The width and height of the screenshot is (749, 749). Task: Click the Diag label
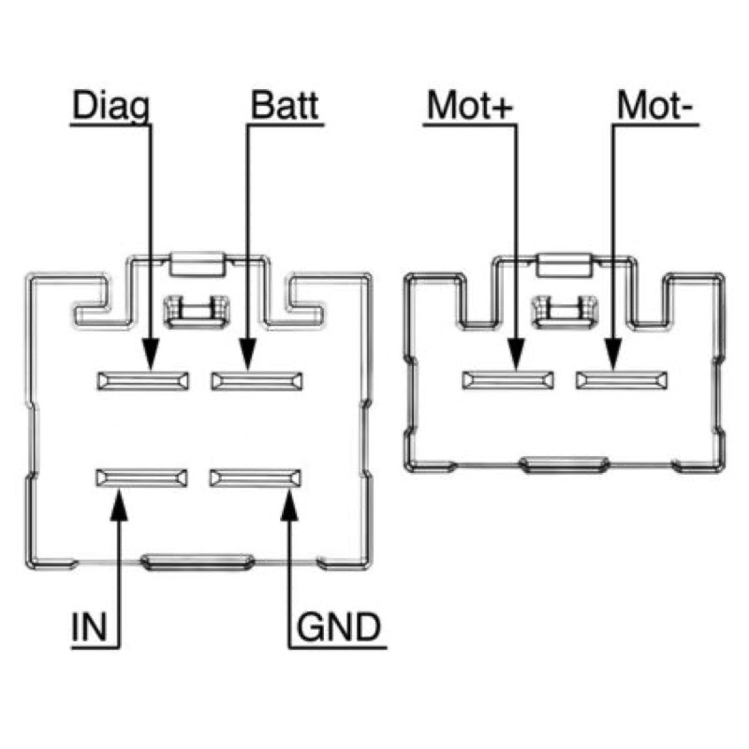pos(110,107)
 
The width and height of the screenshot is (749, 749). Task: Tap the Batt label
pos(285,105)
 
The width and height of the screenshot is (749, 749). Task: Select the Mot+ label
pos(470,105)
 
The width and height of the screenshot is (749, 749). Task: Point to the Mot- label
pos(654,105)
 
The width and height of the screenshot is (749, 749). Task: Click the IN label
pos(89,626)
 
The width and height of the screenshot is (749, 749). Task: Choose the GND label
pos(339,626)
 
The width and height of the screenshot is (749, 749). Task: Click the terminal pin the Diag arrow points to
pos(143,381)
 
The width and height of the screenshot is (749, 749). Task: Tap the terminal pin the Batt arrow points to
pos(257,381)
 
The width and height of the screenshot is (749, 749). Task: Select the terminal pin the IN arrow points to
pos(142,477)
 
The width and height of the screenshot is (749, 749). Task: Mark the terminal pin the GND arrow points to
pos(256,477)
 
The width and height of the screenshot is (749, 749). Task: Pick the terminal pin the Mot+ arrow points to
pos(508,380)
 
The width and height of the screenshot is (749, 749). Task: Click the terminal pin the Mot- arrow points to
pos(622,380)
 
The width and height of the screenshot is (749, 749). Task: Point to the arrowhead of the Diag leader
pos(151,354)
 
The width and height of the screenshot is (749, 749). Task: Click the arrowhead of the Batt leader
pos(248,354)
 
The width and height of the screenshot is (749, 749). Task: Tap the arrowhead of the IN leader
pos(119,504)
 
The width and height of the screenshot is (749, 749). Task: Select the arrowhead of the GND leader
pos(289,504)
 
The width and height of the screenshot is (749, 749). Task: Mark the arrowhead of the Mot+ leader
pos(517,354)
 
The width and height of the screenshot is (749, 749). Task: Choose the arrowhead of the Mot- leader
pos(613,354)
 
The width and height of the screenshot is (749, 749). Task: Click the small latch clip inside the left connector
pos(197,312)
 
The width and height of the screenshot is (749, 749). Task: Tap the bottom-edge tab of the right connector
pos(565,464)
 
